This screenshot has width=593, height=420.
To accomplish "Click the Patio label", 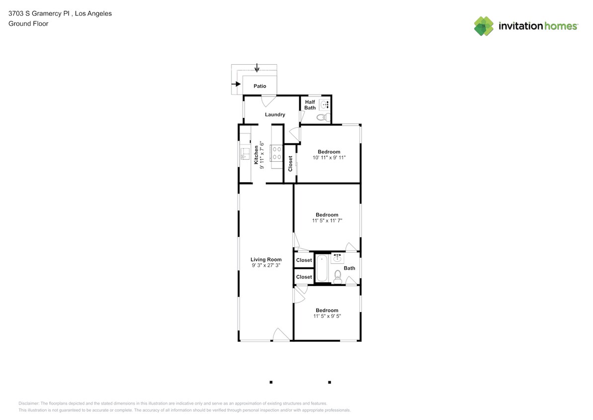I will [x=260, y=86].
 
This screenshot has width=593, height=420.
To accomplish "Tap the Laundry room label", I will [x=275, y=114].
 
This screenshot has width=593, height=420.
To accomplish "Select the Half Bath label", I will [x=310, y=105].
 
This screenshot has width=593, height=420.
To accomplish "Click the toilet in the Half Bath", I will [x=323, y=117].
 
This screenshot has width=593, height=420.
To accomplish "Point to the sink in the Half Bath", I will [x=325, y=105].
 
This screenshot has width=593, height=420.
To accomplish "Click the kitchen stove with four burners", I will [x=277, y=153].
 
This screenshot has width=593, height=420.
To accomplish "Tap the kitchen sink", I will [x=245, y=153].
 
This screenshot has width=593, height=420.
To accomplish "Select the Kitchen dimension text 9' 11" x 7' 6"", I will [x=262, y=155].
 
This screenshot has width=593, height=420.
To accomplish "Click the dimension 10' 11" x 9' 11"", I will [x=329, y=158].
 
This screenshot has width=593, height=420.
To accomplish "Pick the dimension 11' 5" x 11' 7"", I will [x=327, y=220].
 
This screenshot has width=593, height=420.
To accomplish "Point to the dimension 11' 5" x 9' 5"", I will [x=327, y=316].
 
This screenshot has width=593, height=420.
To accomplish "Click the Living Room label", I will [x=266, y=259].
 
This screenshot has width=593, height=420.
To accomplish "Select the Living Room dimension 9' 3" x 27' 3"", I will [x=266, y=266].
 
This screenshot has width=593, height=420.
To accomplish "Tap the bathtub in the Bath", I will [x=322, y=269].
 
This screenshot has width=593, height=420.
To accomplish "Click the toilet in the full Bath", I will [x=338, y=276].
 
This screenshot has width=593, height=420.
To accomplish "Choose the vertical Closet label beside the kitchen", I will [x=290, y=164].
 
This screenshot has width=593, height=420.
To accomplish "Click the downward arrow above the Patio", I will [x=256, y=67].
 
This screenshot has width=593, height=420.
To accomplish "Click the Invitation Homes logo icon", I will [x=484, y=26].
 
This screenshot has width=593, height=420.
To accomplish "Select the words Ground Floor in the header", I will [x=28, y=23].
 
